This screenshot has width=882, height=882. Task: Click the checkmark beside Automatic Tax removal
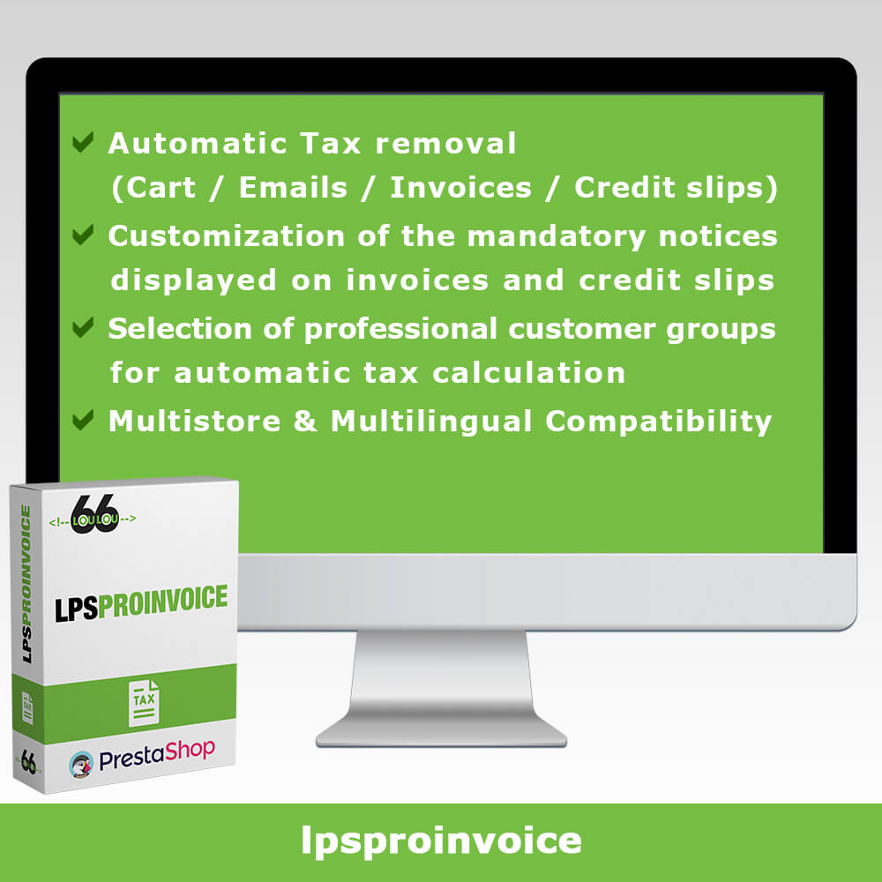(83, 142)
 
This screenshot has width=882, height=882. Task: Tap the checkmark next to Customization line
(83, 235)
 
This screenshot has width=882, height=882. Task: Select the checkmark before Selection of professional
(83, 327)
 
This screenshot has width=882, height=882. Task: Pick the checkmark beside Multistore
(83, 420)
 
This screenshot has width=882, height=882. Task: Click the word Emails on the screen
(293, 187)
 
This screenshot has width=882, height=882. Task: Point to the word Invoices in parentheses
(460, 187)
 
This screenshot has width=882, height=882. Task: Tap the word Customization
(226, 236)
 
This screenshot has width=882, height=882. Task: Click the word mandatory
(557, 237)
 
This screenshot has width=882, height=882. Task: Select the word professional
(400, 330)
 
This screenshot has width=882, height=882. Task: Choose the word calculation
(528, 372)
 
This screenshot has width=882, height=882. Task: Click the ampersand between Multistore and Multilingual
(305, 422)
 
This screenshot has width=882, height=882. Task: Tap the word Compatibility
(658, 422)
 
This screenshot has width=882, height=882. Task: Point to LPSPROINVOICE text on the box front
(141, 603)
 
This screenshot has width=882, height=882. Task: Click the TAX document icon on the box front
(144, 703)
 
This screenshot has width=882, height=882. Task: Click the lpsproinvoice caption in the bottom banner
(441, 841)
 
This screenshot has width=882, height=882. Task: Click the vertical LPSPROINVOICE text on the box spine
(26, 583)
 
